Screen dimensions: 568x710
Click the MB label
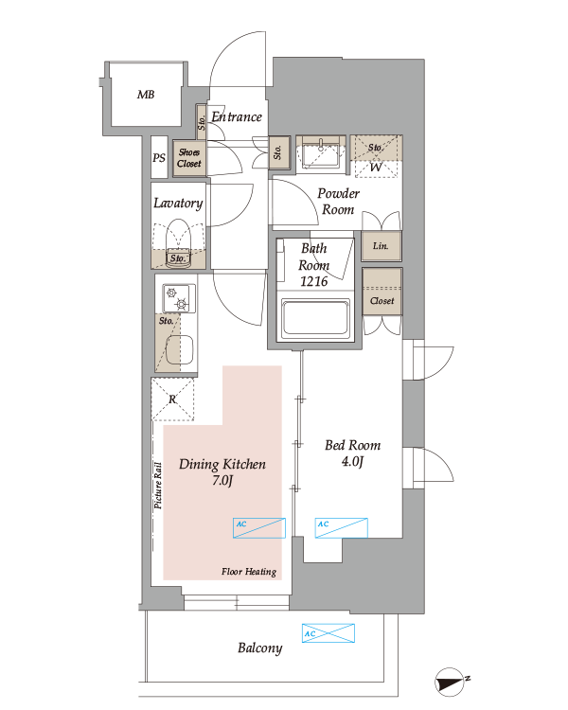146,95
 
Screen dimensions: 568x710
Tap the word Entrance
237,116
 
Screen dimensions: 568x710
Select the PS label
158,158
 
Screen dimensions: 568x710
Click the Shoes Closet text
189,158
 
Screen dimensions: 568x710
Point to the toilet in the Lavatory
178,243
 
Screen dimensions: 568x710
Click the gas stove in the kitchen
179,298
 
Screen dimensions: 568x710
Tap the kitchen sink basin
180,350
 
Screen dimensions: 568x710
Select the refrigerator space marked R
172,399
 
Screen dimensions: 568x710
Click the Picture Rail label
158,486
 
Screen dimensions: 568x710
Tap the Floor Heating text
249,572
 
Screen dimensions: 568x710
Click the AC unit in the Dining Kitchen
259,528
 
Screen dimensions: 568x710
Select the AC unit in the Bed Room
341,528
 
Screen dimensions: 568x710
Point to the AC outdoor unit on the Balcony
328,633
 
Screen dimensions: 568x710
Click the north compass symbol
451,682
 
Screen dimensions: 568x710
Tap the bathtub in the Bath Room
316,319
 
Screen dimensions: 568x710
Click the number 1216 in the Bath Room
314,282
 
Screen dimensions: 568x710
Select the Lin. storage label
381,246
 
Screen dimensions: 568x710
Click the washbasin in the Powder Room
321,153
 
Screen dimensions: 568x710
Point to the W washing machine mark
376,167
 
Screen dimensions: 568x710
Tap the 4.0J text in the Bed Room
352,461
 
